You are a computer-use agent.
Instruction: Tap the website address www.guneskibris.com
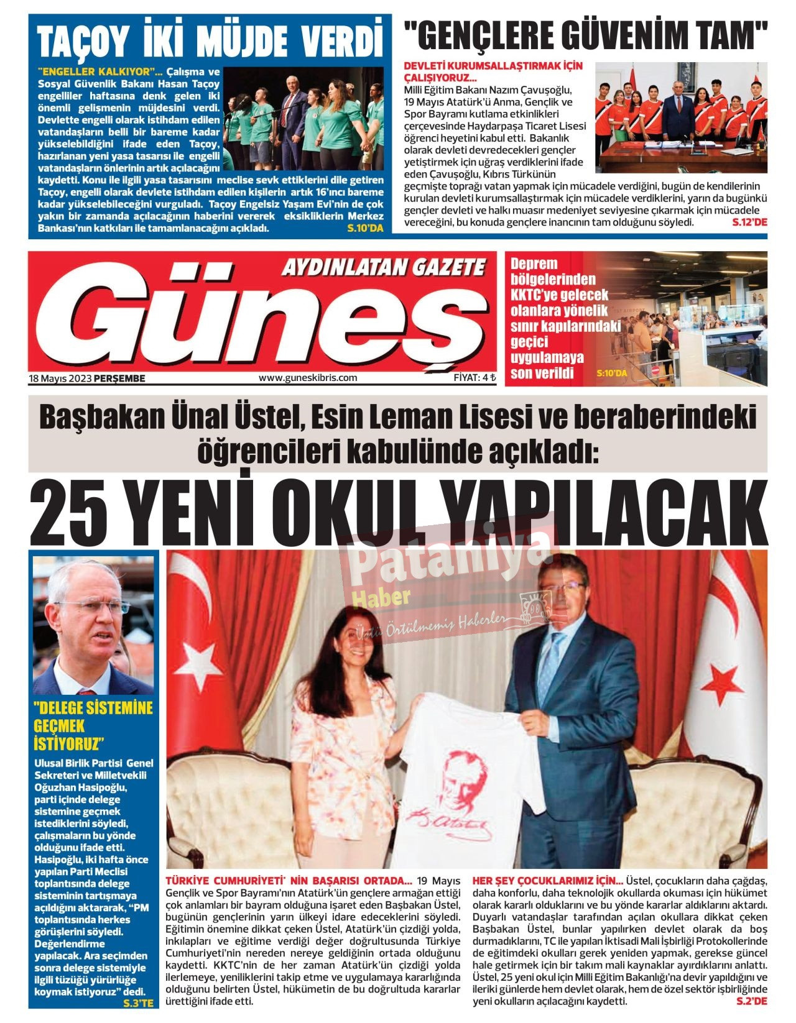point(308,377)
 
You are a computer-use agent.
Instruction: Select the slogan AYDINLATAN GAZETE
point(383,268)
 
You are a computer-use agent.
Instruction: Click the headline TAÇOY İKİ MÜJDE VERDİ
point(210,41)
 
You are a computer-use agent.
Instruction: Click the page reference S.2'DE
point(751,1001)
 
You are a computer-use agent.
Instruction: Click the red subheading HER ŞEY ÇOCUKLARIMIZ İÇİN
point(548,881)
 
